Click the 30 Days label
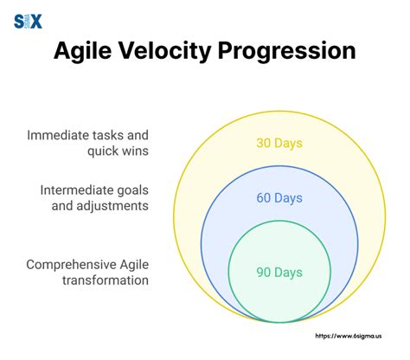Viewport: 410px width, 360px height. click(279, 144)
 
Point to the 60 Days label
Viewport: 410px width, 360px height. click(279, 198)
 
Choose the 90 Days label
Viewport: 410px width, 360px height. click(279, 272)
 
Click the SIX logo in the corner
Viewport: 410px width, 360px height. click(28, 21)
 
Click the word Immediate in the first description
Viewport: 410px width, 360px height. click(61, 135)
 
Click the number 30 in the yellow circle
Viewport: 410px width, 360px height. click(265, 144)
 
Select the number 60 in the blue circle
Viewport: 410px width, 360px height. click(265, 198)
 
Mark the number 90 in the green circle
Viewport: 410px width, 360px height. click(265, 272)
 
